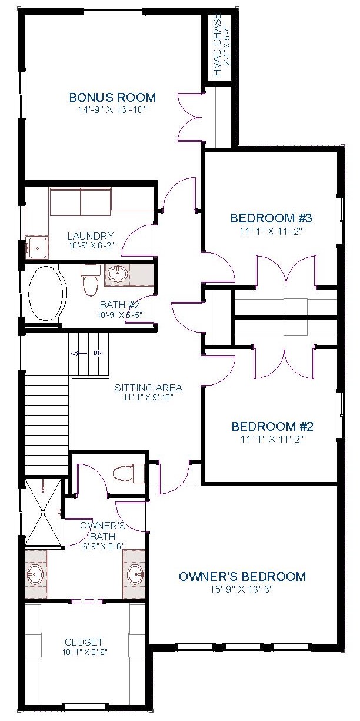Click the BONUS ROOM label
point(112,97)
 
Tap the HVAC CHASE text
point(218,45)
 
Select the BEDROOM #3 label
point(271,218)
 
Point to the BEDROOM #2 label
point(272,427)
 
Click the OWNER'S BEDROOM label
point(242,576)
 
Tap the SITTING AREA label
point(148,388)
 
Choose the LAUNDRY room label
point(91,236)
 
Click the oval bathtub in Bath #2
point(48,293)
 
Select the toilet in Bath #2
point(89,280)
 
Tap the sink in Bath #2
point(118,274)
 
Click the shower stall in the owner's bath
point(43,512)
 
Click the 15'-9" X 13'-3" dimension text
point(241,589)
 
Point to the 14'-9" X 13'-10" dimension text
point(112,109)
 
